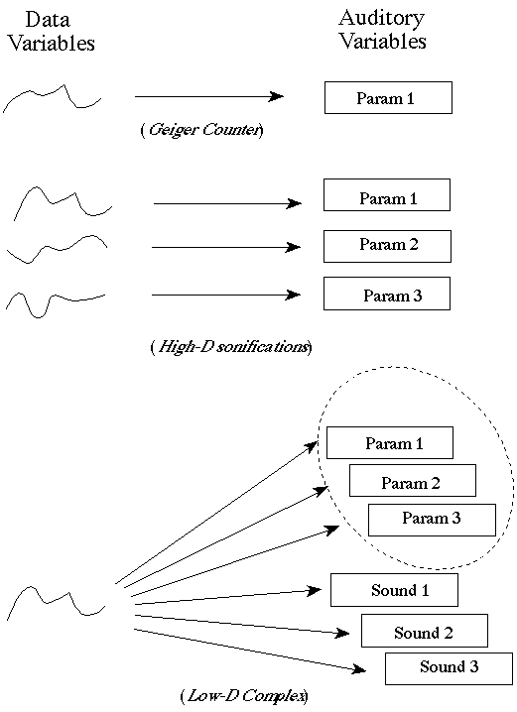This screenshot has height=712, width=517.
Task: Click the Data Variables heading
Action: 52,32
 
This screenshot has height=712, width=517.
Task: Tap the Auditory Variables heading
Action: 382,30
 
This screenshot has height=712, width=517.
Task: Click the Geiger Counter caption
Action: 201,130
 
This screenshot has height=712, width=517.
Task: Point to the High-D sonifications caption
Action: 231,347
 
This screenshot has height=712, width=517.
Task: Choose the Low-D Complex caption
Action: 244,696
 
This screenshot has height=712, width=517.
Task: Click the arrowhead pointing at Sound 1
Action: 315,590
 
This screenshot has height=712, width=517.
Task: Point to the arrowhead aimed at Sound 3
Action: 359,668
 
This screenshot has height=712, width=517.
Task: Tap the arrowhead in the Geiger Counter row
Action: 276,96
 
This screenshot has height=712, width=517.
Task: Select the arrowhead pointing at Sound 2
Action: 342,633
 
